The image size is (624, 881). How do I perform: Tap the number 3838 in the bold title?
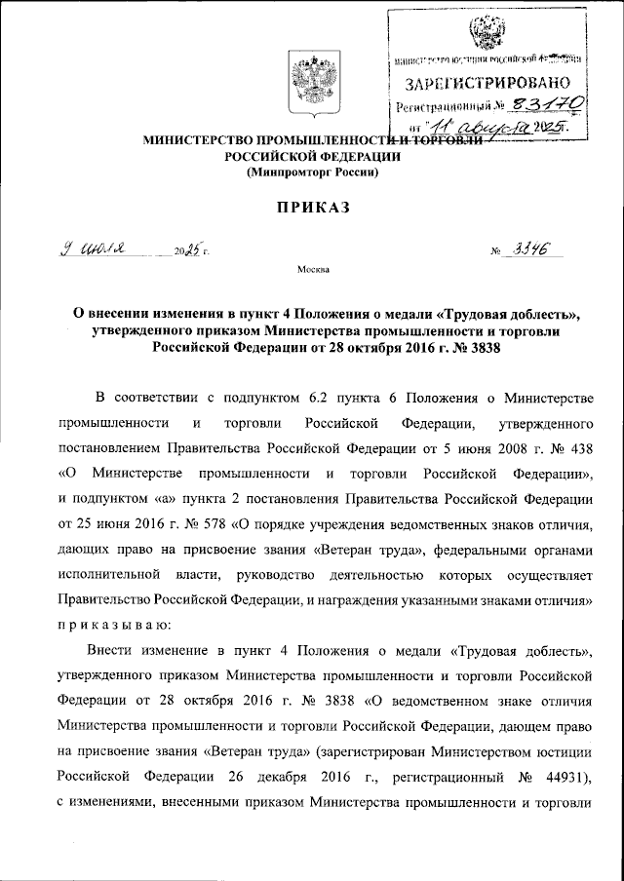484,352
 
